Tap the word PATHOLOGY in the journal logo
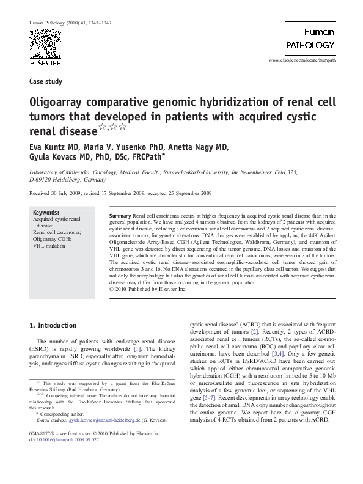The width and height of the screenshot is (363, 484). point(310,45)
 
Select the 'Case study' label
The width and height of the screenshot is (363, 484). point(43,81)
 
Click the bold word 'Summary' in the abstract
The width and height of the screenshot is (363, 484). point(119,216)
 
